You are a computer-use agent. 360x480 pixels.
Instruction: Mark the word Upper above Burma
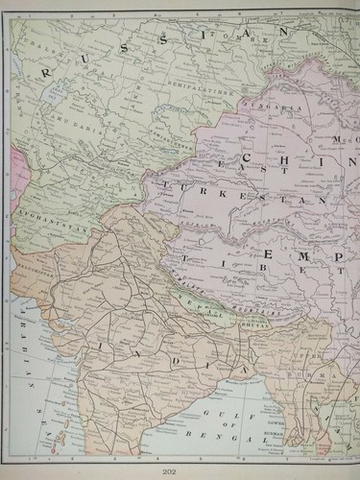tap(302, 356)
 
